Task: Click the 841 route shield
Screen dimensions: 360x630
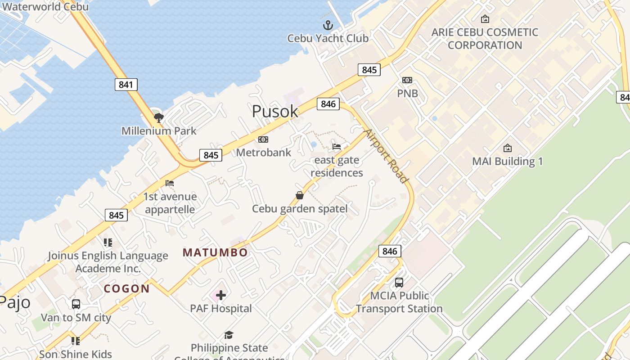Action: point(126,84)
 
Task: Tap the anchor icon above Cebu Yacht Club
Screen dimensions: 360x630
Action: point(328,25)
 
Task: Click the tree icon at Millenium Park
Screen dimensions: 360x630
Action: point(158,118)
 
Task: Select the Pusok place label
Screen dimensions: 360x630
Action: point(275,111)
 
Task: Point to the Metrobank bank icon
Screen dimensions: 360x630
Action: point(263,139)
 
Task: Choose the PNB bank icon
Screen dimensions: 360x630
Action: point(407,80)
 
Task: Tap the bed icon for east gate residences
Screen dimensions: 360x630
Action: point(337,147)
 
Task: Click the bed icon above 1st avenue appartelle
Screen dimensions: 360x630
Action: point(170,183)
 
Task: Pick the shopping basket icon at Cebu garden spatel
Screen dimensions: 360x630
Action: point(300,195)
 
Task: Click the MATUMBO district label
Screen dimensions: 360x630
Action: point(215,252)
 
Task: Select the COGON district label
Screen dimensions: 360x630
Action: point(127,288)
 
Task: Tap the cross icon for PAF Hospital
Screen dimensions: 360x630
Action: point(220,295)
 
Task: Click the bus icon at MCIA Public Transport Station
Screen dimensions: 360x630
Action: point(399,283)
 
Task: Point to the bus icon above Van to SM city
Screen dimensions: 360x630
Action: point(76,304)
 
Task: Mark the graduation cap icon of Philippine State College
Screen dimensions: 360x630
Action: point(229,335)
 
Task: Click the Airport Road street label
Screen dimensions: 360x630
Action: point(386,156)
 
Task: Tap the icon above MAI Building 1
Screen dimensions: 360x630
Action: point(508,148)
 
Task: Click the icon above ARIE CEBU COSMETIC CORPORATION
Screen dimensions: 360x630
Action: point(485,19)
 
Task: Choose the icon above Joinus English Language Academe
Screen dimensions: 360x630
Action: point(108,243)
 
